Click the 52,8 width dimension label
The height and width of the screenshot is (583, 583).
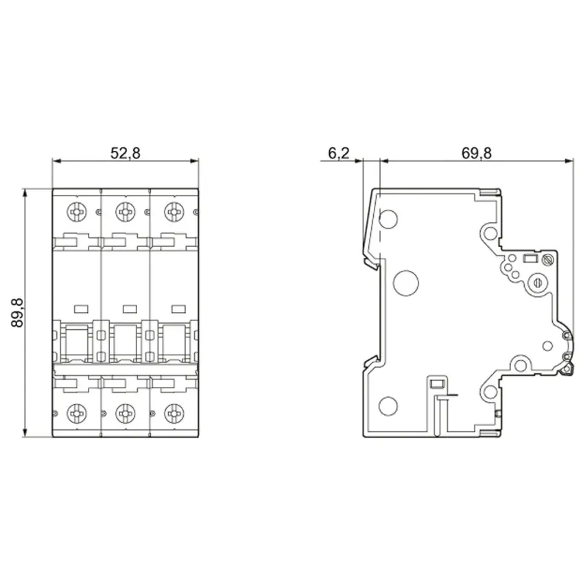point(126,153)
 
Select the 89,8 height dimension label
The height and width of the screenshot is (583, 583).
point(17,313)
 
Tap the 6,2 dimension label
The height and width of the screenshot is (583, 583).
point(339,153)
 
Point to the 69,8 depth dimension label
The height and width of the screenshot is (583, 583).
point(476,153)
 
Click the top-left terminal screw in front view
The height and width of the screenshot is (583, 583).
point(77,213)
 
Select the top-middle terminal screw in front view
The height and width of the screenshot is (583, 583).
point(126,213)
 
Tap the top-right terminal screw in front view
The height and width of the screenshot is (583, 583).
point(174,213)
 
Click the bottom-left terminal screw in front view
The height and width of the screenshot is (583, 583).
point(77,413)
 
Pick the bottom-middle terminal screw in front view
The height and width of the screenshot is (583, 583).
point(126,413)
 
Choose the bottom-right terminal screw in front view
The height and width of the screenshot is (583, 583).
point(174,413)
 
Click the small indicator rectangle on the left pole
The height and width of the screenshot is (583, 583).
point(82,309)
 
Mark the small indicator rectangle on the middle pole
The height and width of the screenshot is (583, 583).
point(130,309)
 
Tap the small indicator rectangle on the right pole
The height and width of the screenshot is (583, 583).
point(178,309)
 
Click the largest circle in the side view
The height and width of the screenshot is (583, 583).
point(405,283)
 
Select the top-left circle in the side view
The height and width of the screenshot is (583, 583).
point(388,219)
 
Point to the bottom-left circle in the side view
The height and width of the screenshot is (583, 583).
point(388,405)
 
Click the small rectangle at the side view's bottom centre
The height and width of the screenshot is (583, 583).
point(437,383)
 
